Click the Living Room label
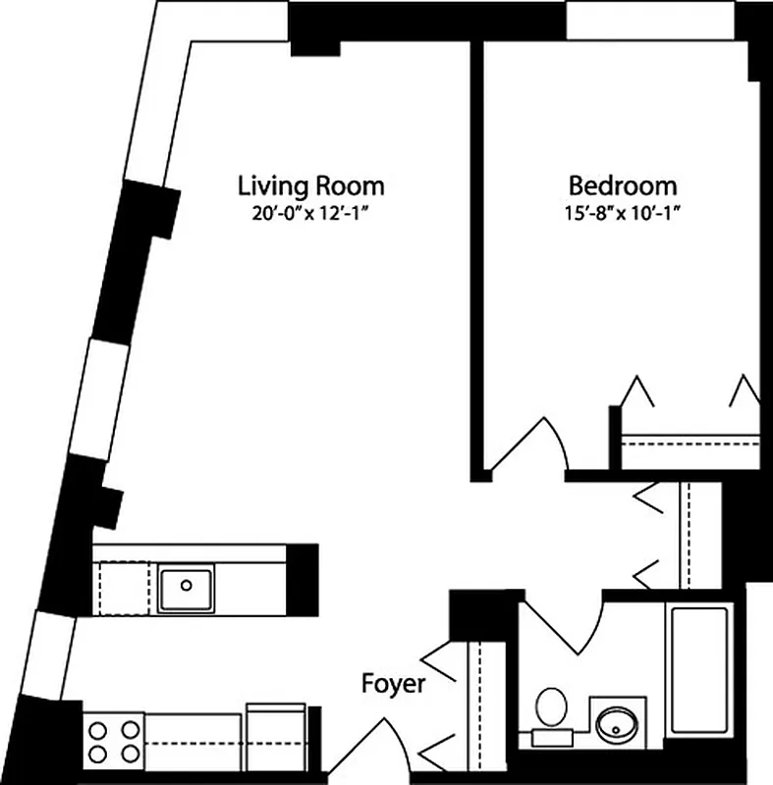[310, 185]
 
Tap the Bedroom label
[623, 185]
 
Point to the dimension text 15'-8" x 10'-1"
[623, 211]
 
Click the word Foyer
[393, 684]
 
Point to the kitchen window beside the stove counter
[51, 653]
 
